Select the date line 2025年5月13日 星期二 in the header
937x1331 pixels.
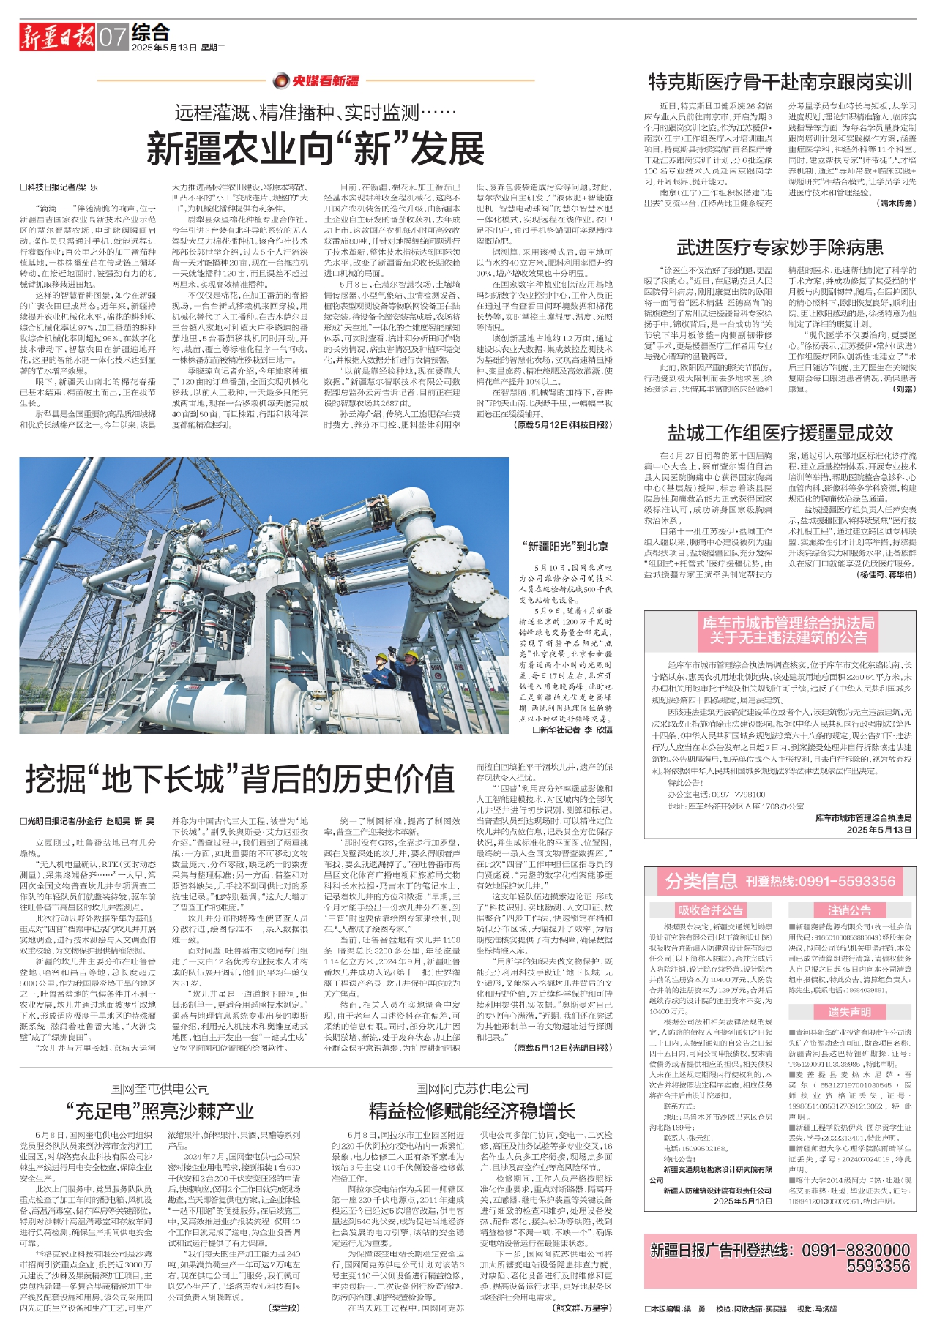(x=179, y=48)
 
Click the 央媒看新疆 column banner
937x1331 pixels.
(x=317, y=80)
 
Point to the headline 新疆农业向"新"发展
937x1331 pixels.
(x=316, y=149)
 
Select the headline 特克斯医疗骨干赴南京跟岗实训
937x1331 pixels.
(x=780, y=82)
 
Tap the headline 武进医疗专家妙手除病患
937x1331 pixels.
(x=780, y=247)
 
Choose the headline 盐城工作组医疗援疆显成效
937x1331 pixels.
(x=780, y=433)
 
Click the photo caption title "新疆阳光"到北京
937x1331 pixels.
(x=566, y=546)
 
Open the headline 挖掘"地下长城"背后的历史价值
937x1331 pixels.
(x=240, y=779)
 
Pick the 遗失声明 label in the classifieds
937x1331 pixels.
(x=849, y=1012)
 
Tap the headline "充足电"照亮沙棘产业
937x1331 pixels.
(x=160, y=1111)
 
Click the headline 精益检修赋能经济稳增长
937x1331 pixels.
(x=472, y=1111)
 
